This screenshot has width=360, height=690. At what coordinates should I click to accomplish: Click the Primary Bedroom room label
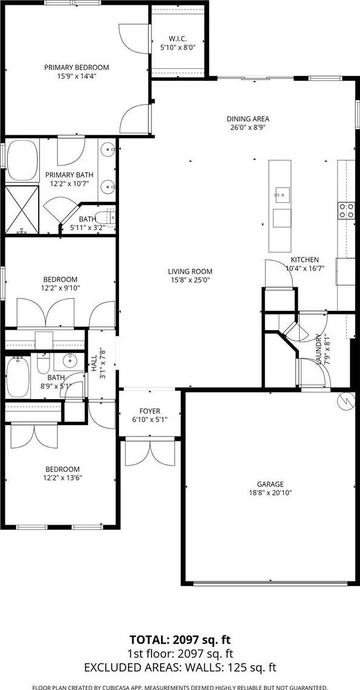(76, 68)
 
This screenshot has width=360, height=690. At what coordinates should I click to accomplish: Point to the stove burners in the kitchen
(346, 210)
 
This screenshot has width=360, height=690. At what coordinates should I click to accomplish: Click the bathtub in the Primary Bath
(22, 160)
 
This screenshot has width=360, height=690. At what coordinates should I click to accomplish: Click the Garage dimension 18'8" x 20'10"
(270, 493)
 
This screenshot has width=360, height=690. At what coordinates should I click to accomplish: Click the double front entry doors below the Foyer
(150, 453)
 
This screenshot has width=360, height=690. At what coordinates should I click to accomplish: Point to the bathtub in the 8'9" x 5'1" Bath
(18, 377)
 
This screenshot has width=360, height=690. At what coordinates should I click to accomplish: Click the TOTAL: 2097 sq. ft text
(180, 639)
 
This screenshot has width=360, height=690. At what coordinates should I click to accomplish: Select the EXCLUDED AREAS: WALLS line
(180, 668)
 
